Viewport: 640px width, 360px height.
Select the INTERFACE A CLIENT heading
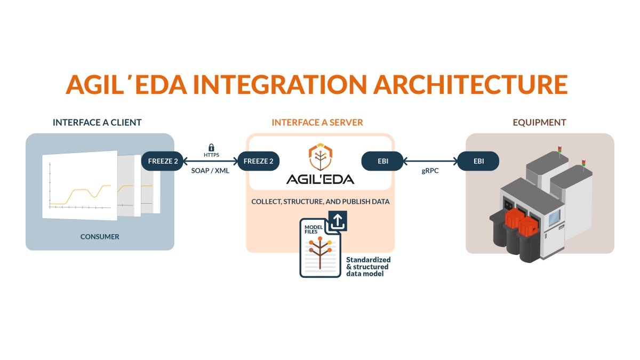coord(97,123)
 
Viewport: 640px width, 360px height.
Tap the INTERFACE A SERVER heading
coord(317,123)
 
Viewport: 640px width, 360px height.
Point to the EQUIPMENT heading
coord(539,123)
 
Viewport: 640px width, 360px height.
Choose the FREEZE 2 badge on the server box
coord(259,161)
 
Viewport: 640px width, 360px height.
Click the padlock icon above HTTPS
coord(211,147)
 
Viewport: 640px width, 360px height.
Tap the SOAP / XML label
coord(210,172)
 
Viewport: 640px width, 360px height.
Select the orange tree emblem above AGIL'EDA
coord(320,156)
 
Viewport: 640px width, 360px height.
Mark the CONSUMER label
coord(100,236)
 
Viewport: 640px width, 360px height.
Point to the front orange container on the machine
coord(530,225)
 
